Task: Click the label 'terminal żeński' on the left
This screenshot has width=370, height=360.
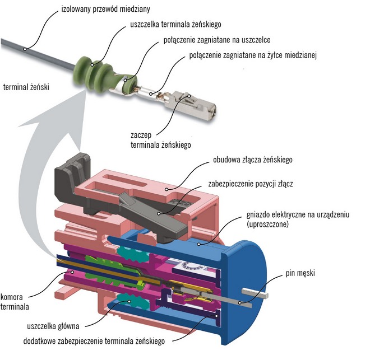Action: (26, 87)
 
